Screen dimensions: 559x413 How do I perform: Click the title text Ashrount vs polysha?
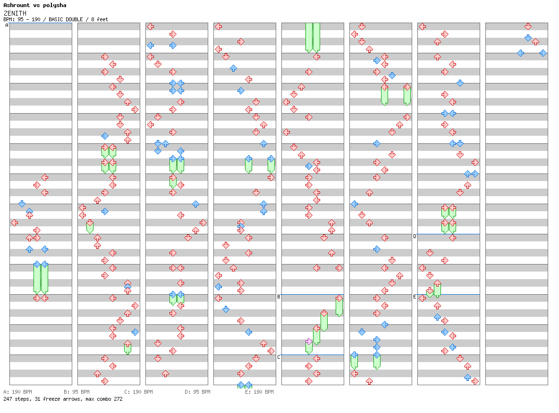(x=35, y=5)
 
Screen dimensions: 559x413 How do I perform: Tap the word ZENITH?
(x=15, y=13)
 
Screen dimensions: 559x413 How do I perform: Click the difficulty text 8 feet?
(x=100, y=20)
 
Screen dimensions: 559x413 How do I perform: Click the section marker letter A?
(x=7, y=25)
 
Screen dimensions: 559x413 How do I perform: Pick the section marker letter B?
(x=279, y=297)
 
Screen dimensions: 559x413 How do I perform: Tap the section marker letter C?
(x=279, y=357)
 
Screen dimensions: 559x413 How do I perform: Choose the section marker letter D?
(x=415, y=236)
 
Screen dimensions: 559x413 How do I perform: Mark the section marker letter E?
(x=415, y=297)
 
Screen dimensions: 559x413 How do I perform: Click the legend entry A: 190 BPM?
(x=18, y=392)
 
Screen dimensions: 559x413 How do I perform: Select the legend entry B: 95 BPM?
(x=76, y=392)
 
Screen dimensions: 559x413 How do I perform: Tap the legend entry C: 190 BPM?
(x=139, y=392)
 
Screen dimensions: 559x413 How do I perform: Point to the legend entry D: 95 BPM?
(x=197, y=392)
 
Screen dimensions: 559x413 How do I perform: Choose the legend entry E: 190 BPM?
(x=260, y=392)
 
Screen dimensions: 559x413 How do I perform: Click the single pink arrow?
(x=309, y=341)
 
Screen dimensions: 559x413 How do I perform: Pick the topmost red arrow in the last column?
(x=528, y=26)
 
